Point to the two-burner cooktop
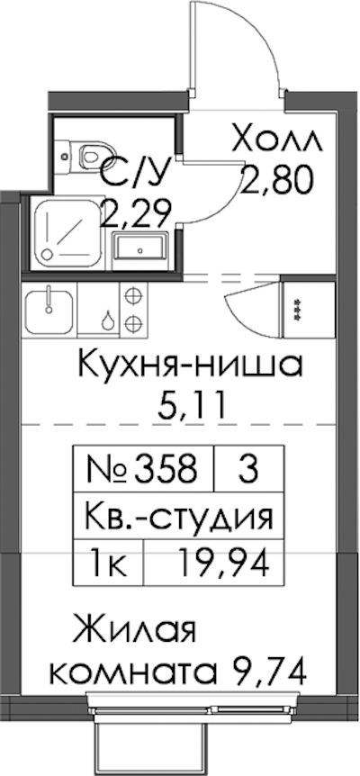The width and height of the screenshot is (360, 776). point(133,311)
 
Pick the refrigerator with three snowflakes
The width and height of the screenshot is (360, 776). point(308,311)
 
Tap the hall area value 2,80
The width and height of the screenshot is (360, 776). point(278,180)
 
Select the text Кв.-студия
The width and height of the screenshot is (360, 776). point(179,516)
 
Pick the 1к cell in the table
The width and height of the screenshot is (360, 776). point(108,564)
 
